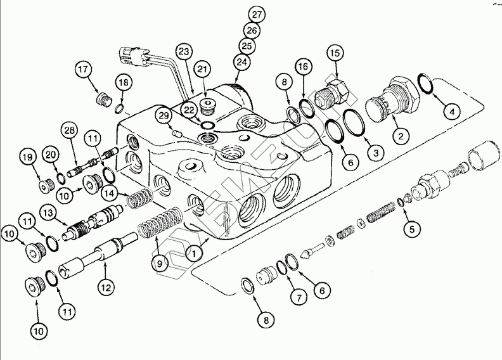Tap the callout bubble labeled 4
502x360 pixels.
pyautogui.click(x=451, y=112)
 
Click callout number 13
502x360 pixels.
pyautogui.click(x=47, y=211)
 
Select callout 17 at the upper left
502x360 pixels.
pyautogui.click(x=84, y=68)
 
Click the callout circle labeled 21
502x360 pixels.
pyautogui.click(x=202, y=68)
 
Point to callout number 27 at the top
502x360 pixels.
pyautogui.click(x=256, y=15)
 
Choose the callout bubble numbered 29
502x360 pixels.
pyautogui.click(x=164, y=115)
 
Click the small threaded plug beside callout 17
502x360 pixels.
pyautogui.click(x=101, y=99)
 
